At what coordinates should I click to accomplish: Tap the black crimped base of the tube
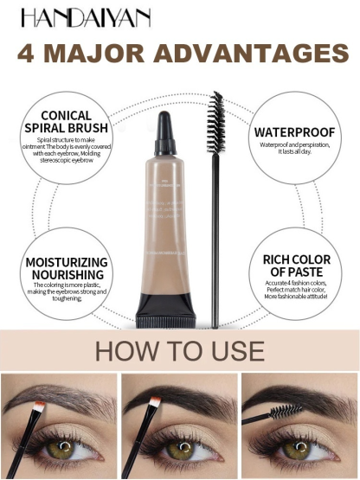[x=165, y=306]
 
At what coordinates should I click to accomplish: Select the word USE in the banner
[x=233, y=351]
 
